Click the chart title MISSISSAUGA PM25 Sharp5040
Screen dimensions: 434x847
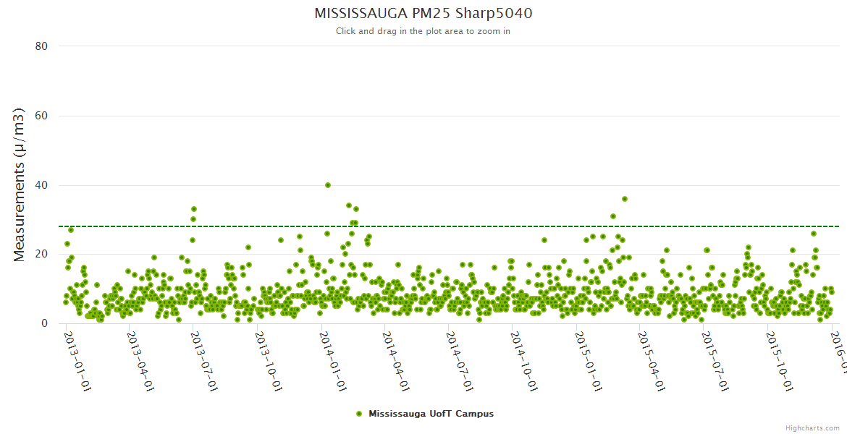pyautogui.click(x=423, y=14)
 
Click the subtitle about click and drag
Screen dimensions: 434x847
pyautogui.click(x=423, y=31)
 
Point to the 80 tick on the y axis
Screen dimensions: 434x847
pyautogui.click(x=41, y=46)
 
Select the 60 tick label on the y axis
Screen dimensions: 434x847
pyautogui.click(x=41, y=116)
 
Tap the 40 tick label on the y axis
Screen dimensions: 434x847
pyautogui.click(x=41, y=185)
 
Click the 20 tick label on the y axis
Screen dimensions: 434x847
pyautogui.click(x=41, y=254)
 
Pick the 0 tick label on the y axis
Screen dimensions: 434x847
pyautogui.click(x=44, y=323)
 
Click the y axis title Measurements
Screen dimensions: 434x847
pyautogui.click(x=20, y=184)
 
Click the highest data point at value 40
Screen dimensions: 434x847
pyautogui.click(x=328, y=185)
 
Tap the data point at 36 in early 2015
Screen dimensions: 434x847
pyautogui.click(x=625, y=199)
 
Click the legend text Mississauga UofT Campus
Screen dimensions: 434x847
pyautogui.click(x=431, y=414)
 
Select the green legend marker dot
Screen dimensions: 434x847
pyautogui.click(x=359, y=414)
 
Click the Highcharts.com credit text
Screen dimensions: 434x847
pyautogui.click(x=812, y=428)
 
